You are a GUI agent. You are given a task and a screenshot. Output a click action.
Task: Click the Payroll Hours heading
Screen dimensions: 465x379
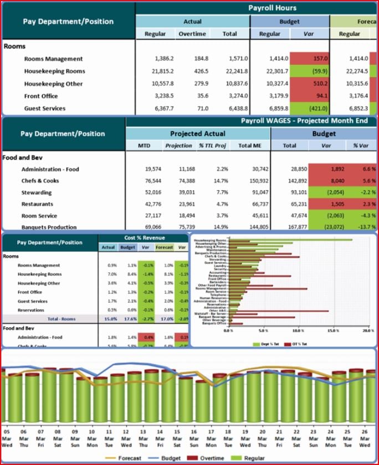pyautogui.click(x=272, y=8)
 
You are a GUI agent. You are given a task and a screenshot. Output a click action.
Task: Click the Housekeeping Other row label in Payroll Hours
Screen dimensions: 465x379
pyautogui.click(x=53, y=84)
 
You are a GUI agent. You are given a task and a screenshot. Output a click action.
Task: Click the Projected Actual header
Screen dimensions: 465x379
pyautogui.click(x=197, y=133)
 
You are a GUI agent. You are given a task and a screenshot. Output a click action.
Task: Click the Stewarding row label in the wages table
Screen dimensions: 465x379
pyautogui.click(x=37, y=193)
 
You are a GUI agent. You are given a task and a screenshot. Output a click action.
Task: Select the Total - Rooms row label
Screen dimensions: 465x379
pyautogui.click(x=62, y=319)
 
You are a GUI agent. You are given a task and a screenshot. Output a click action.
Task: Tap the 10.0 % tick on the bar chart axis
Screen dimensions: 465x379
pyautogui.click(x=297, y=330)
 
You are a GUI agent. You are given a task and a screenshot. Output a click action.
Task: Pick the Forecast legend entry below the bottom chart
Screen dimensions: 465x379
pyautogui.click(x=125, y=458)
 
